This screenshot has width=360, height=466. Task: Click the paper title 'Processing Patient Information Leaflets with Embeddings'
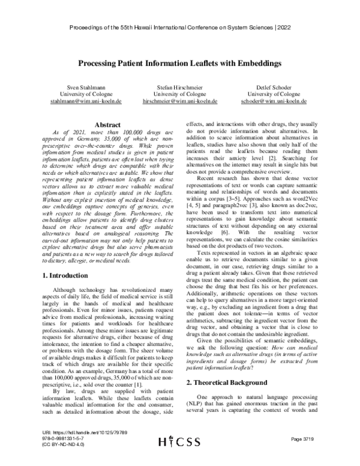[180, 62]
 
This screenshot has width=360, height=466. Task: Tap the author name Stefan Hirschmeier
[181, 88]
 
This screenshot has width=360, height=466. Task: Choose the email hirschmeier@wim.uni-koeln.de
[181, 102]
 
